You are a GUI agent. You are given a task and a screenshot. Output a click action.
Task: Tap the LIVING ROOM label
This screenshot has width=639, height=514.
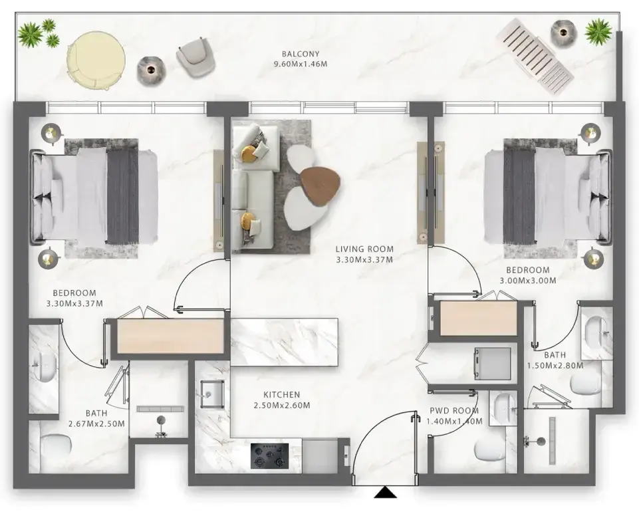pos(364,249)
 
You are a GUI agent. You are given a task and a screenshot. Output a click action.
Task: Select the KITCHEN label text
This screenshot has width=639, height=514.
pos(281,395)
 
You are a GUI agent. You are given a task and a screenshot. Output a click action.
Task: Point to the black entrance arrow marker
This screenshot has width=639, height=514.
pos(385,493)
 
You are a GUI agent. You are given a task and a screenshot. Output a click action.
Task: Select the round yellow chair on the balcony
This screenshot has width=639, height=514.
pos(96,61)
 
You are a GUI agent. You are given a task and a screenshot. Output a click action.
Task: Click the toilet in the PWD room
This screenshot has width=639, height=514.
pos(491,450)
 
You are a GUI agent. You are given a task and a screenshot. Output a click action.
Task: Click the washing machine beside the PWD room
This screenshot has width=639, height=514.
pos(492,362)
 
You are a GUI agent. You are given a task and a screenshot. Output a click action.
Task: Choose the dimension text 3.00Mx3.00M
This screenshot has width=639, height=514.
pos(527,280)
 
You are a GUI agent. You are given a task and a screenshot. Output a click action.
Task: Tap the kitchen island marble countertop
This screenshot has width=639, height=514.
pos(285,341)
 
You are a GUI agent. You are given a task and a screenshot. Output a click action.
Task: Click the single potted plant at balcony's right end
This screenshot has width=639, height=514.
pos(598,31)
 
